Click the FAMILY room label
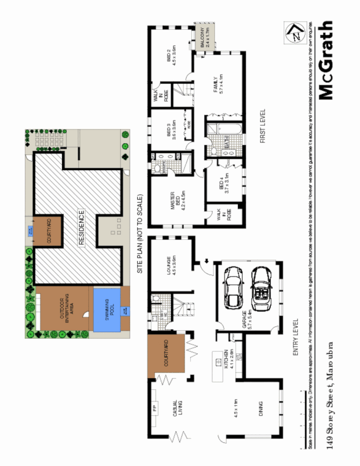tap(218, 84)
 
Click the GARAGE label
tap(246, 322)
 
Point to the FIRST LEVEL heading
tap(263, 126)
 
